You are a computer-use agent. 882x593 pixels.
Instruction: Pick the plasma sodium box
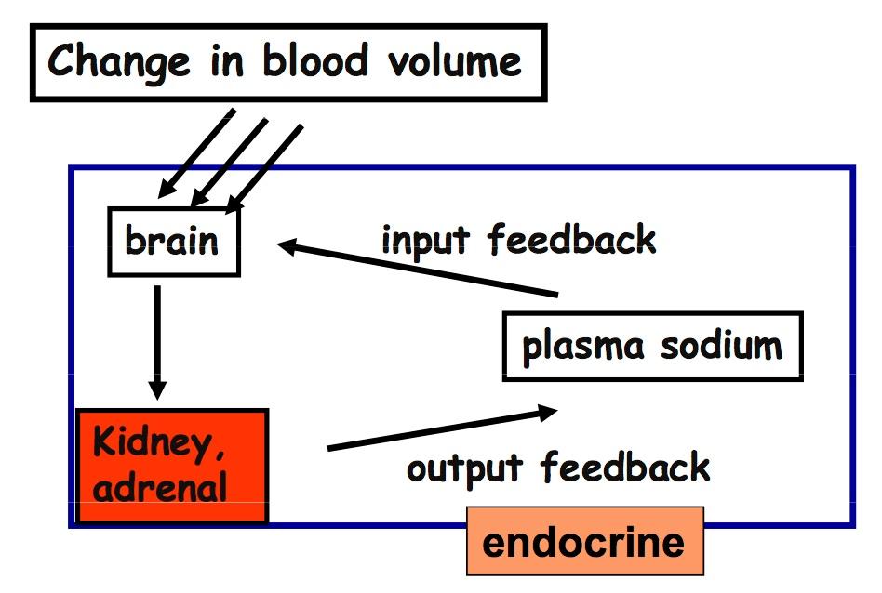tap(651, 347)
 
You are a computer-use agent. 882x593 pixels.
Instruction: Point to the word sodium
tap(722, 346)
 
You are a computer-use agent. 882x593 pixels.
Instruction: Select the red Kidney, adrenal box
tap(173, 466)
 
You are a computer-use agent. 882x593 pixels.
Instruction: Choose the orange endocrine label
tap(584, 541)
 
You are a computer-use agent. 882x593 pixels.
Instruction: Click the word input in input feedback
tap(427, 241)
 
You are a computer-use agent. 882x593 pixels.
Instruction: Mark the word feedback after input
tap(572, 240)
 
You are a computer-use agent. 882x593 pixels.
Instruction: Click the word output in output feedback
tap(466, 468)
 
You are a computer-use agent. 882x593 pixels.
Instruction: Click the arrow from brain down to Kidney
tap(157, 342)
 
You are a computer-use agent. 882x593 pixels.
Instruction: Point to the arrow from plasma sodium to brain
tap(419, 270)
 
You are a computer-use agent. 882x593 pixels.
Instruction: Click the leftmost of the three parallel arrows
tap(196, 153)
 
